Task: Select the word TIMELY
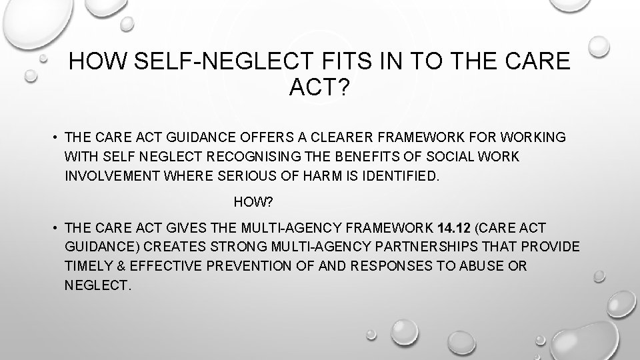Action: pyautogui.click(x=88, y=267)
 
